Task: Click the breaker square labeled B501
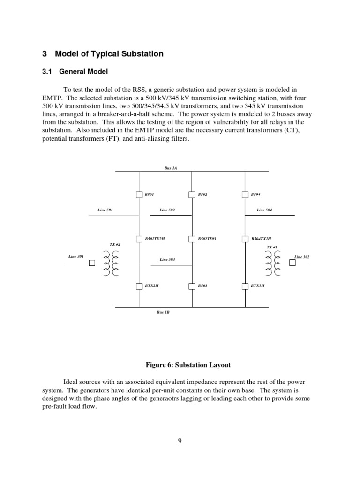tap(139, 195)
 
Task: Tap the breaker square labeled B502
tap(192, 195)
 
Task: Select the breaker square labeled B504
tap(245, 195)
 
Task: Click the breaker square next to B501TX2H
tap(139, 239)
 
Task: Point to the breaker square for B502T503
tap(192, 239)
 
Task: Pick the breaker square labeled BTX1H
tap(245, 285)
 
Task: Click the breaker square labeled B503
tap(192, 285)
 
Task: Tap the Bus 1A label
tap(171, 167)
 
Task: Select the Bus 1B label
tap(163, 312)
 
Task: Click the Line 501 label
tap(105, 210)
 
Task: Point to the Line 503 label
tap(167, 259)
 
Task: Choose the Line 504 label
tap(264, 210)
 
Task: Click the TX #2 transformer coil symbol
tap(111, 263)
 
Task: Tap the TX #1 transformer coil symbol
tap(272, 263)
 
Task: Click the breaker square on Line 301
tap(92, 262)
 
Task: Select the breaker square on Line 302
tap(292, 262)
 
